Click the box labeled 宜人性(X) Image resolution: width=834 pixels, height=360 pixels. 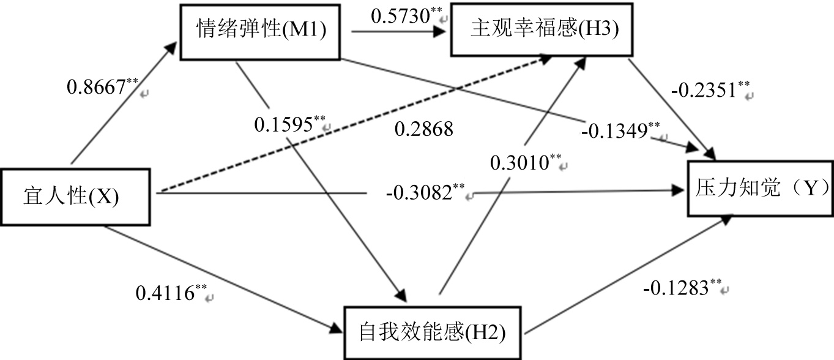pos(77,197)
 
